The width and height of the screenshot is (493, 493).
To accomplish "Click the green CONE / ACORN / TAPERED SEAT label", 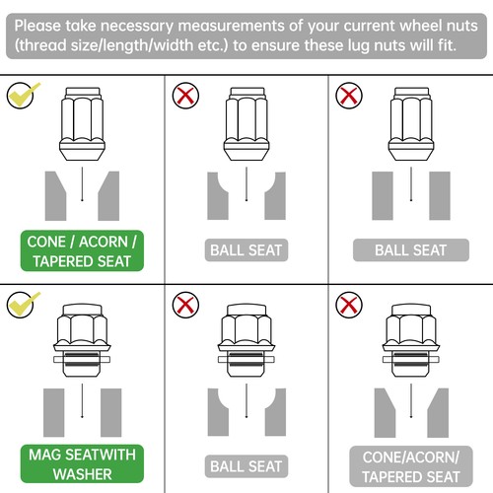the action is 82,251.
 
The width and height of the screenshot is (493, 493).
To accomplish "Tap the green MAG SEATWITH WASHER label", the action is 82,463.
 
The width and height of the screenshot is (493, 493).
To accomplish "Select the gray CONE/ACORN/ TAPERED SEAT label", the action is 411,466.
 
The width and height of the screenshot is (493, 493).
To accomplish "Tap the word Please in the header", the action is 37,26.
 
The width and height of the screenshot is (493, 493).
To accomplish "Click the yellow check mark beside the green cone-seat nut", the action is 23,95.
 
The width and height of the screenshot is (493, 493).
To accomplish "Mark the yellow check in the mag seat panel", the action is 23,305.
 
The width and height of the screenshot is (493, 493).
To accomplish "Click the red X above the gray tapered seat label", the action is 349,305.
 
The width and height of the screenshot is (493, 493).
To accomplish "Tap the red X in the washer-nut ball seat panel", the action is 185,305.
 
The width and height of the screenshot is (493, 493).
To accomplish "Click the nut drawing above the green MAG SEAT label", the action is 82,340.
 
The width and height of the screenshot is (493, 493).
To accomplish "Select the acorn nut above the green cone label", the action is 82,123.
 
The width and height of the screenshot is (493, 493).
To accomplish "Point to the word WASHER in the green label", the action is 82,474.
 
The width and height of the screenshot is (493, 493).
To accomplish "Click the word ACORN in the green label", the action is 104,242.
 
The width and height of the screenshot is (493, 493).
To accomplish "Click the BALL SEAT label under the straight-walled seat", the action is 411,250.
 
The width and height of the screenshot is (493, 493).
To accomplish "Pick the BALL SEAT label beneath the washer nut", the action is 246,466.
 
